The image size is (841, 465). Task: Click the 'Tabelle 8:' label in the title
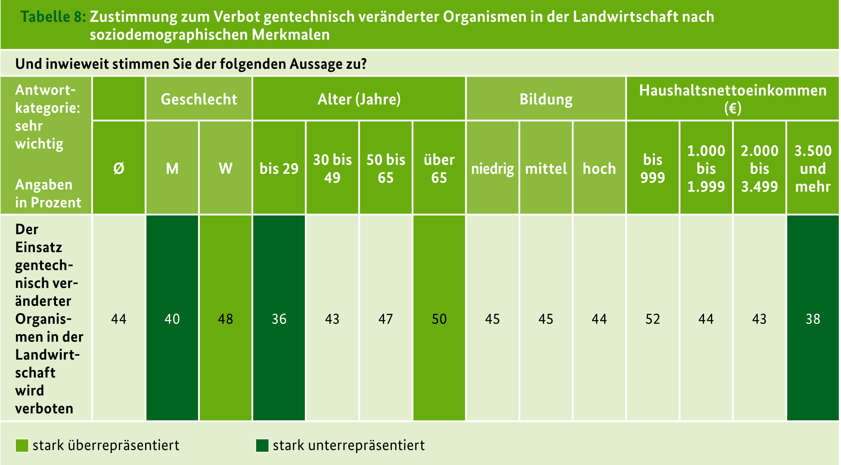click(53, 17)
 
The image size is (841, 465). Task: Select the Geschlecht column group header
click(199, 99)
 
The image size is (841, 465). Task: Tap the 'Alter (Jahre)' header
click(359, 99)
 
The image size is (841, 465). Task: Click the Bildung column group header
click(546, 99)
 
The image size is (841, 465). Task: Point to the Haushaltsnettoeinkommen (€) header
click(732, 99)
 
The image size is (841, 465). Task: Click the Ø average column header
click(119, 168)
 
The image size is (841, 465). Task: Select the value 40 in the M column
click(172, 319)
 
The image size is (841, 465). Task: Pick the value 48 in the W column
click(226, 319)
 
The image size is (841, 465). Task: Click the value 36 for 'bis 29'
click(279, 319)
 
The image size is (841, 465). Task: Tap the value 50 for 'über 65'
click(439, 319)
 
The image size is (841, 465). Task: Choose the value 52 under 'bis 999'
click(652, 319)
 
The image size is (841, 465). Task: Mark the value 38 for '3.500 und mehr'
click(813, 319)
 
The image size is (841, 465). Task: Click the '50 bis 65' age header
click(386, 168)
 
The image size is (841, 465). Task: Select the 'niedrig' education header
click(492, 169)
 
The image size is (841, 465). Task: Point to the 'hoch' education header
click(599, 168)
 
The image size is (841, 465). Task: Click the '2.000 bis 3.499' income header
click(759, 168)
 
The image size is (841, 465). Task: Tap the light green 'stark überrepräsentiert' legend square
click(22, 445)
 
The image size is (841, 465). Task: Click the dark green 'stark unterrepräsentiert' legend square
click(262, 445)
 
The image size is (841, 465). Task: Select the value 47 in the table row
click(386, 319)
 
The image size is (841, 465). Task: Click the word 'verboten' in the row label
click(44, 408)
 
